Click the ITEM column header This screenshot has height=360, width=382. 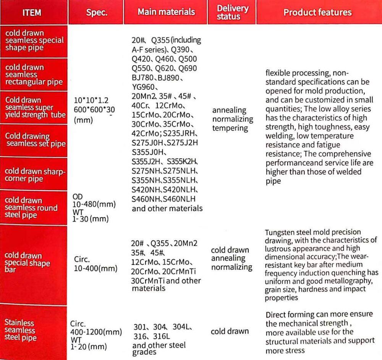point(32,13)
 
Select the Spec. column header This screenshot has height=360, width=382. point(97,13)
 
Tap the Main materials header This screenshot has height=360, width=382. point(166,12)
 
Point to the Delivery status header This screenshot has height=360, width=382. point(233,12)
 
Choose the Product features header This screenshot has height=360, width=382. point(317,12)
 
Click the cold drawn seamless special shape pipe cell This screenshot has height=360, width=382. point(34,40)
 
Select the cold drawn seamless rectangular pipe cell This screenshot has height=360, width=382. point(34,74)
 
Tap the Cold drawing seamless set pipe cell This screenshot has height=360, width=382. point(36,140)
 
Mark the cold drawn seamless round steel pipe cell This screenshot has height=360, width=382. point(31,208)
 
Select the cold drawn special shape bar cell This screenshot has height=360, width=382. point(28,263)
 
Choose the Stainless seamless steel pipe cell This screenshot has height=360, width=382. point(21,330)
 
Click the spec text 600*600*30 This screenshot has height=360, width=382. point(94,109)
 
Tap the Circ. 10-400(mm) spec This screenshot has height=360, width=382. point(95,264)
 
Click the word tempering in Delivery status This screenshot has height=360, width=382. point(230,128)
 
